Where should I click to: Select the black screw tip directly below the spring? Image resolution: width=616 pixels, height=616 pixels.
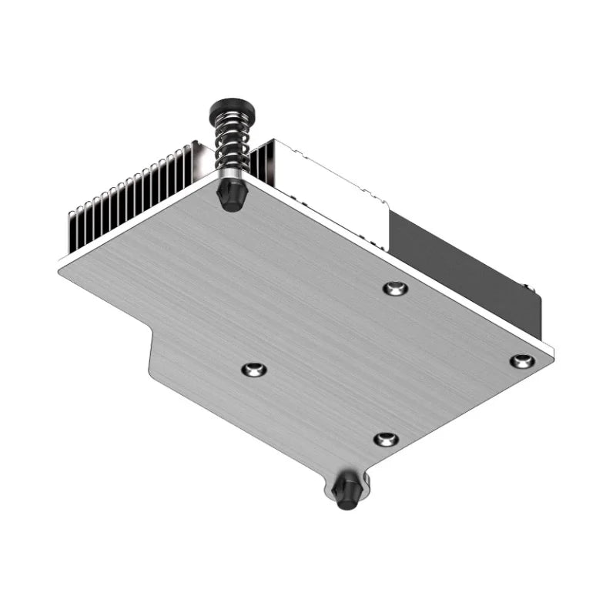230,196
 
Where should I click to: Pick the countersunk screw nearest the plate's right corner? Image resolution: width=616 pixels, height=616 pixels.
522,360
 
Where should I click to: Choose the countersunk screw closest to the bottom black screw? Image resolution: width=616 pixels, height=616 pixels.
386,440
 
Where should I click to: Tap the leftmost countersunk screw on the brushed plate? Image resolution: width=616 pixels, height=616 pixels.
254,370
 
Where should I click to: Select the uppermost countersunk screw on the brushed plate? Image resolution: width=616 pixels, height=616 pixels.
395,288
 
